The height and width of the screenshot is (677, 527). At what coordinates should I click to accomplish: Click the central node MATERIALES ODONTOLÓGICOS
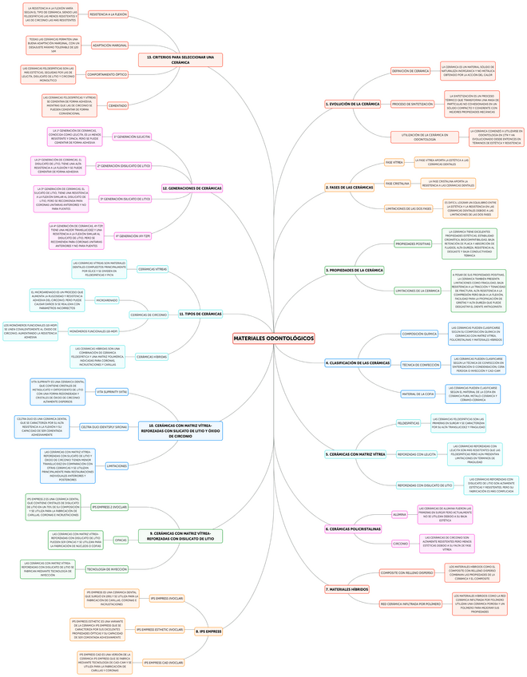tap(273, 338)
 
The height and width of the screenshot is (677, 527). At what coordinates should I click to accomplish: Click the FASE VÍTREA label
tap(394, 162)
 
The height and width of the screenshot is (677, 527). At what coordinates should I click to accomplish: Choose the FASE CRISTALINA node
tap(397, 184)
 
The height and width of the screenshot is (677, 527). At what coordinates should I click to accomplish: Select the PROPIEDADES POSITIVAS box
tap(413, 243)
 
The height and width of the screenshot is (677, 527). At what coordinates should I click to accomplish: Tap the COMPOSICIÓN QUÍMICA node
tap(419, 334)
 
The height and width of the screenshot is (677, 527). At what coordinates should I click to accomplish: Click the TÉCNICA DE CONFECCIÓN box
tap(420, 364)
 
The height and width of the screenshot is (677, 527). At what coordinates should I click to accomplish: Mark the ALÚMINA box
tap(400, 515)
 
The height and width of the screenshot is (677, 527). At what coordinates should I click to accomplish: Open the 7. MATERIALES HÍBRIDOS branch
tap(347, 588)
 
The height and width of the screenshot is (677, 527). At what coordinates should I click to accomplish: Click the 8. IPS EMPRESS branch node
tap(208, 631)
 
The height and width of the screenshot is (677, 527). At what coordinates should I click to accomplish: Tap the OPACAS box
tap(121, 540)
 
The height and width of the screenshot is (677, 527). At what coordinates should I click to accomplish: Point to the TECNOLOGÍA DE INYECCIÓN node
tap(106, 569)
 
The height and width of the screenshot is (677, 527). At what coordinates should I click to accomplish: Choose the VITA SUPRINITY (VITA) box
tap(111, 392)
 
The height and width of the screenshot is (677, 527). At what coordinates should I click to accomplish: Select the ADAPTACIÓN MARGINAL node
tap(110, 46)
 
